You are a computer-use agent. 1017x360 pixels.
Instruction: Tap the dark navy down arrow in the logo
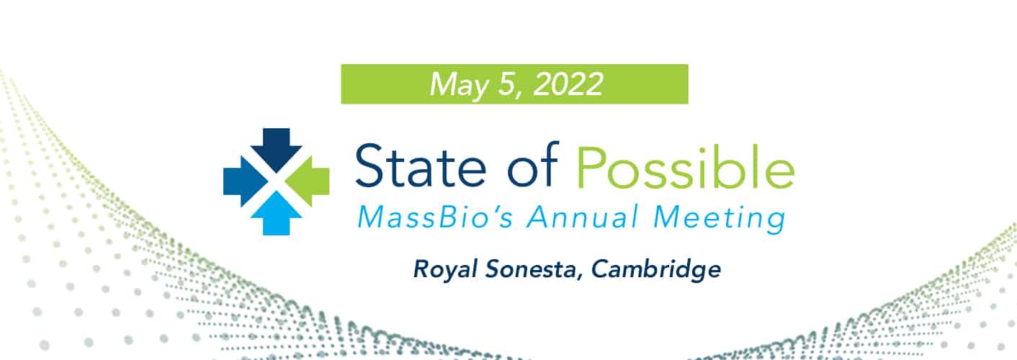(277, 145)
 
